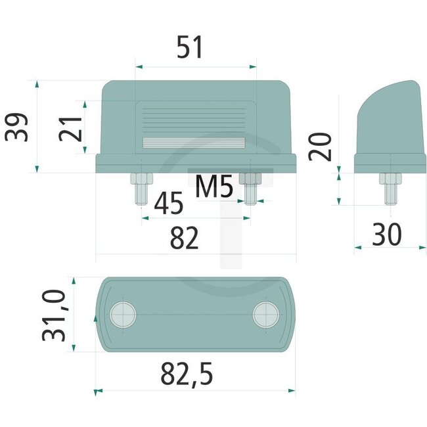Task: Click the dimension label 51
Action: pyautogui.click(x=190, y=49)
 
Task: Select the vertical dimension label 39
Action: pyautogui.click(x=16, y=127)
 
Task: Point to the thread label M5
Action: pyautogui.click(x=215, y=189)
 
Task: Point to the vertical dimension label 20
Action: pyautogui.click(x=322, y=145)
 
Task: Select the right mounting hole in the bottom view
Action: pyautogui.click(x=265, y=315)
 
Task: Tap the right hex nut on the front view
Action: pyautogui.click(x=250, y=179)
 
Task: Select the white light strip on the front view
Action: pyautogui.click(x=194, y=143)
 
